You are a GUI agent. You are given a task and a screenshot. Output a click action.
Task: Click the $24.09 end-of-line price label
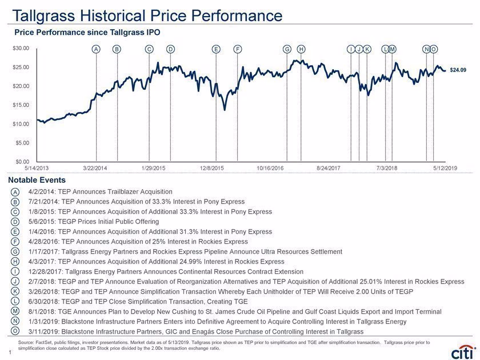pyautogui.click(x=458, y=70)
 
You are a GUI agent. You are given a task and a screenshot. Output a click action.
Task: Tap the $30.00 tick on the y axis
pyautogui.click(x=21, y=49)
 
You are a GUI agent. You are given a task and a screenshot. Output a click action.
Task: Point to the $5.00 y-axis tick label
pyautogui.click(x=22, y=143)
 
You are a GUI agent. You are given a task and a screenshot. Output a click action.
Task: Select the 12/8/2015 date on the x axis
pyautogui.click(x=212, y=168)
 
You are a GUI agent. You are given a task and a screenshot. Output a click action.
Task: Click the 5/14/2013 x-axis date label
pyautogui.click(x=37, y=168)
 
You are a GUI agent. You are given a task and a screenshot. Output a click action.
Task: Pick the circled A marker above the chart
pyautogui.click(x=96, y=49)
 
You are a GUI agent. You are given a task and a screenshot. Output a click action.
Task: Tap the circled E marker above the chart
pyautogui.click(x=216, y=49)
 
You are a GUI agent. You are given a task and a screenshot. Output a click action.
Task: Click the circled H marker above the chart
pyautogui.click(x=301, y=49)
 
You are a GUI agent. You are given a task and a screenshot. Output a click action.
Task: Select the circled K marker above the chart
pyautogui.click(x=367, y=49)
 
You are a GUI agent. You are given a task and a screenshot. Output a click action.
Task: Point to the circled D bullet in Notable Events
pyautogui.click(x=15, y=222)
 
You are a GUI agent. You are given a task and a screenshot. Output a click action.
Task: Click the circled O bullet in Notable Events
pyautogui.click(x=15, y=331)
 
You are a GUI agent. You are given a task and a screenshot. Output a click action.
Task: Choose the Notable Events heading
pyautogui.click(x=37, y=180)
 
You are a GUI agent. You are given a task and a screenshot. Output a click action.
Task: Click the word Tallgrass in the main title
pyautogui.click(x=43, y=15)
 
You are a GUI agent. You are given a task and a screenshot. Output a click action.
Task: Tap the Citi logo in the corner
pyautogui.click(x=463, y=353)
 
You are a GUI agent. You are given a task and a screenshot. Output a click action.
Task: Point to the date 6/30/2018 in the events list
pyautogui.click(x=43, y=302)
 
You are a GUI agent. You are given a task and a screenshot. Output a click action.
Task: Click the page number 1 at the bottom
pyautogui.click(x=10, y=353)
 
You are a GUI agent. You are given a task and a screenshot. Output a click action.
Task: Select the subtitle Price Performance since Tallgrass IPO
pyautogui.click(x=87, y=33)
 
